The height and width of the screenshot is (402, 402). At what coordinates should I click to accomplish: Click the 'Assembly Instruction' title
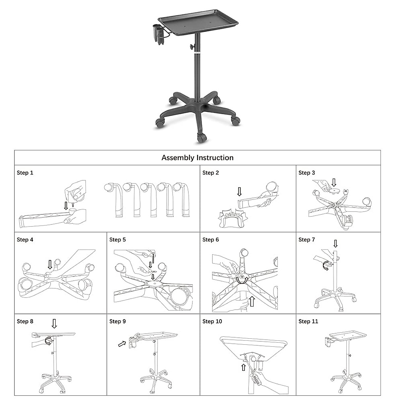(x=197, y=158)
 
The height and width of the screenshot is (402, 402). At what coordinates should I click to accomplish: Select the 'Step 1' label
(x=25, y=173)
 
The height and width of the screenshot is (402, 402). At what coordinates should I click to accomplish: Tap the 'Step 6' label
(x=210, y=240)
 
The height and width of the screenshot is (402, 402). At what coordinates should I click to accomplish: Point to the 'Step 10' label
(x=212, y=322)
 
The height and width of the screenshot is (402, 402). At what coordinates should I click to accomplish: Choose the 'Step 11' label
(x=308, y=322)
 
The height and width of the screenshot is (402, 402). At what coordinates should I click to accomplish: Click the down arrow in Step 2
(x=239, y=192)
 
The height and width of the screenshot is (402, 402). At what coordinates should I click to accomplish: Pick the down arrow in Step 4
(x=50, y=264)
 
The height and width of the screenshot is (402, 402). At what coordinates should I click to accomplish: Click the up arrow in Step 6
(x=252, y=301)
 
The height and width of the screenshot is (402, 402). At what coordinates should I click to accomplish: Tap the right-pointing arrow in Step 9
(x=122, y=344)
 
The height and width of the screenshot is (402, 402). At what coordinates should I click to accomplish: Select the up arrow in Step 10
(x=244, y=367)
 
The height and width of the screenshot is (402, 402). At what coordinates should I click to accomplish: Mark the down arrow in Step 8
(x=54, y=324)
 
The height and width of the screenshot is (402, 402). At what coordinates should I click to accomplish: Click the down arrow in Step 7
(x=335, y=243)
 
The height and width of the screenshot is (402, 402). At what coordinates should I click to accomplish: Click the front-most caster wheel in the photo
(x=201, y=138)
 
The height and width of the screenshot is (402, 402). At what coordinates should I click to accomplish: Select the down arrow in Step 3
(x=333, y=182)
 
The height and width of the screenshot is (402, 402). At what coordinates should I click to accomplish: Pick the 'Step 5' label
(x=118, y=240)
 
